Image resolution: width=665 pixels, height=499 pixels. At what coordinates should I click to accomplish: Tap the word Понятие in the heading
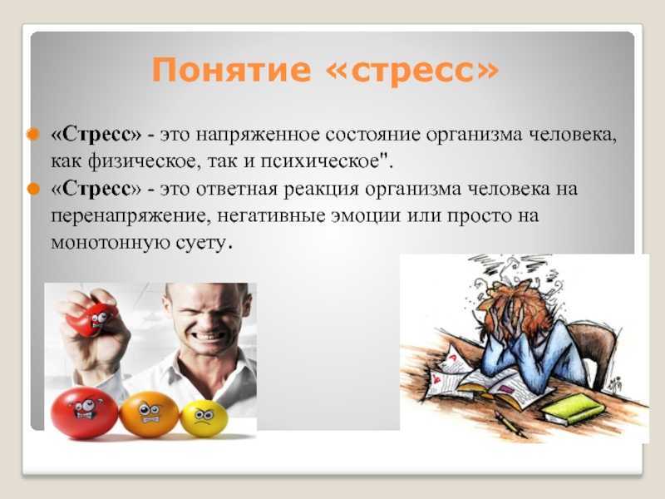click(232, 70)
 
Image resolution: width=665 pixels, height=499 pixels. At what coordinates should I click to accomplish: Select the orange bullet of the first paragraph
click(32, 135)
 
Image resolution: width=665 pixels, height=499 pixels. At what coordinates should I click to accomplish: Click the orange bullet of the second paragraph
click(32, 189)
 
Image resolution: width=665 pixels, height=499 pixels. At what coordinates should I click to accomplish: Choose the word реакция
click(321, 190)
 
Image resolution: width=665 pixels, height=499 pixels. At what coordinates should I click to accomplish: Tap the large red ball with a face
click(84, 413)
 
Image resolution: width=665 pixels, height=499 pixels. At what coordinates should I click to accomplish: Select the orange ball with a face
click(149, 414)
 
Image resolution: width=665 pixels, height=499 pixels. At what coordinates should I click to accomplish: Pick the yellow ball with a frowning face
click(204, 418)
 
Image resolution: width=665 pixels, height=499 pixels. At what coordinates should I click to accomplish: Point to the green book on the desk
click(574, 408)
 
